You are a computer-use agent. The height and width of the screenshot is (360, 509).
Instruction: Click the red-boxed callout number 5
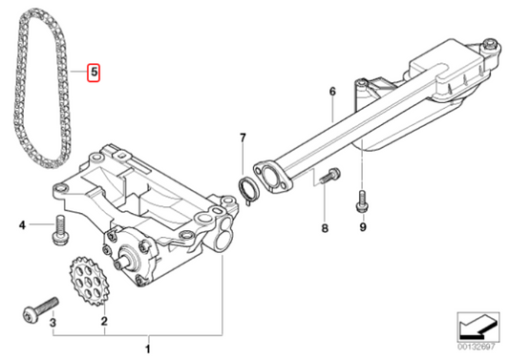pos(95,72)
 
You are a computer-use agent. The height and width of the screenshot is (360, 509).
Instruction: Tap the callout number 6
pos(332,92)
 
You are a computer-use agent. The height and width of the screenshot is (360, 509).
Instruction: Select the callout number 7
pos(243,138)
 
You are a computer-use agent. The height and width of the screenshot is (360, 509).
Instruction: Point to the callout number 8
pos(325,228)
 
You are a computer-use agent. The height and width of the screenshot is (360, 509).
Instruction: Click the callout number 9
pos(363,227)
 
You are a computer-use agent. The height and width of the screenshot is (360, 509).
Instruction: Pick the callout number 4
pos(22,224)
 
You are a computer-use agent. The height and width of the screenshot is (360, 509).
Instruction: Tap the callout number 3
pos(53,323)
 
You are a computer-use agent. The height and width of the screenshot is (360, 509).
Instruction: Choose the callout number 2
pos(104,322)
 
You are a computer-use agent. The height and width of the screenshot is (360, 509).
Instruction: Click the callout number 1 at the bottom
pos(148,349)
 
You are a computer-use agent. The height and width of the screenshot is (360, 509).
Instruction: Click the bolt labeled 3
pos(40,310)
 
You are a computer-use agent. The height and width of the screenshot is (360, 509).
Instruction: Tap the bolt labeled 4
pos(60,231)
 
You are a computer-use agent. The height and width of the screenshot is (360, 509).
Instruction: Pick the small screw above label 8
pos(329,177)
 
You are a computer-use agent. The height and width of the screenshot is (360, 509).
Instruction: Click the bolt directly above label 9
pos(362,201)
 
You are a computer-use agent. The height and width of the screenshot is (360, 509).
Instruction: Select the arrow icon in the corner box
pos(477,327)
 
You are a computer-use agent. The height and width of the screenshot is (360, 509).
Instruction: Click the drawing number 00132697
pos(477,347)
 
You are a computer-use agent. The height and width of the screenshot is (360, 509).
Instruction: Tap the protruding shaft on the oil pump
pos(122,262)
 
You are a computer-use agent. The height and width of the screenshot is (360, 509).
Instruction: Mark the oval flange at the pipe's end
pos(273,178)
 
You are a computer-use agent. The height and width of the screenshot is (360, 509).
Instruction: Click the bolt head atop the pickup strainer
pos(489,45)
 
